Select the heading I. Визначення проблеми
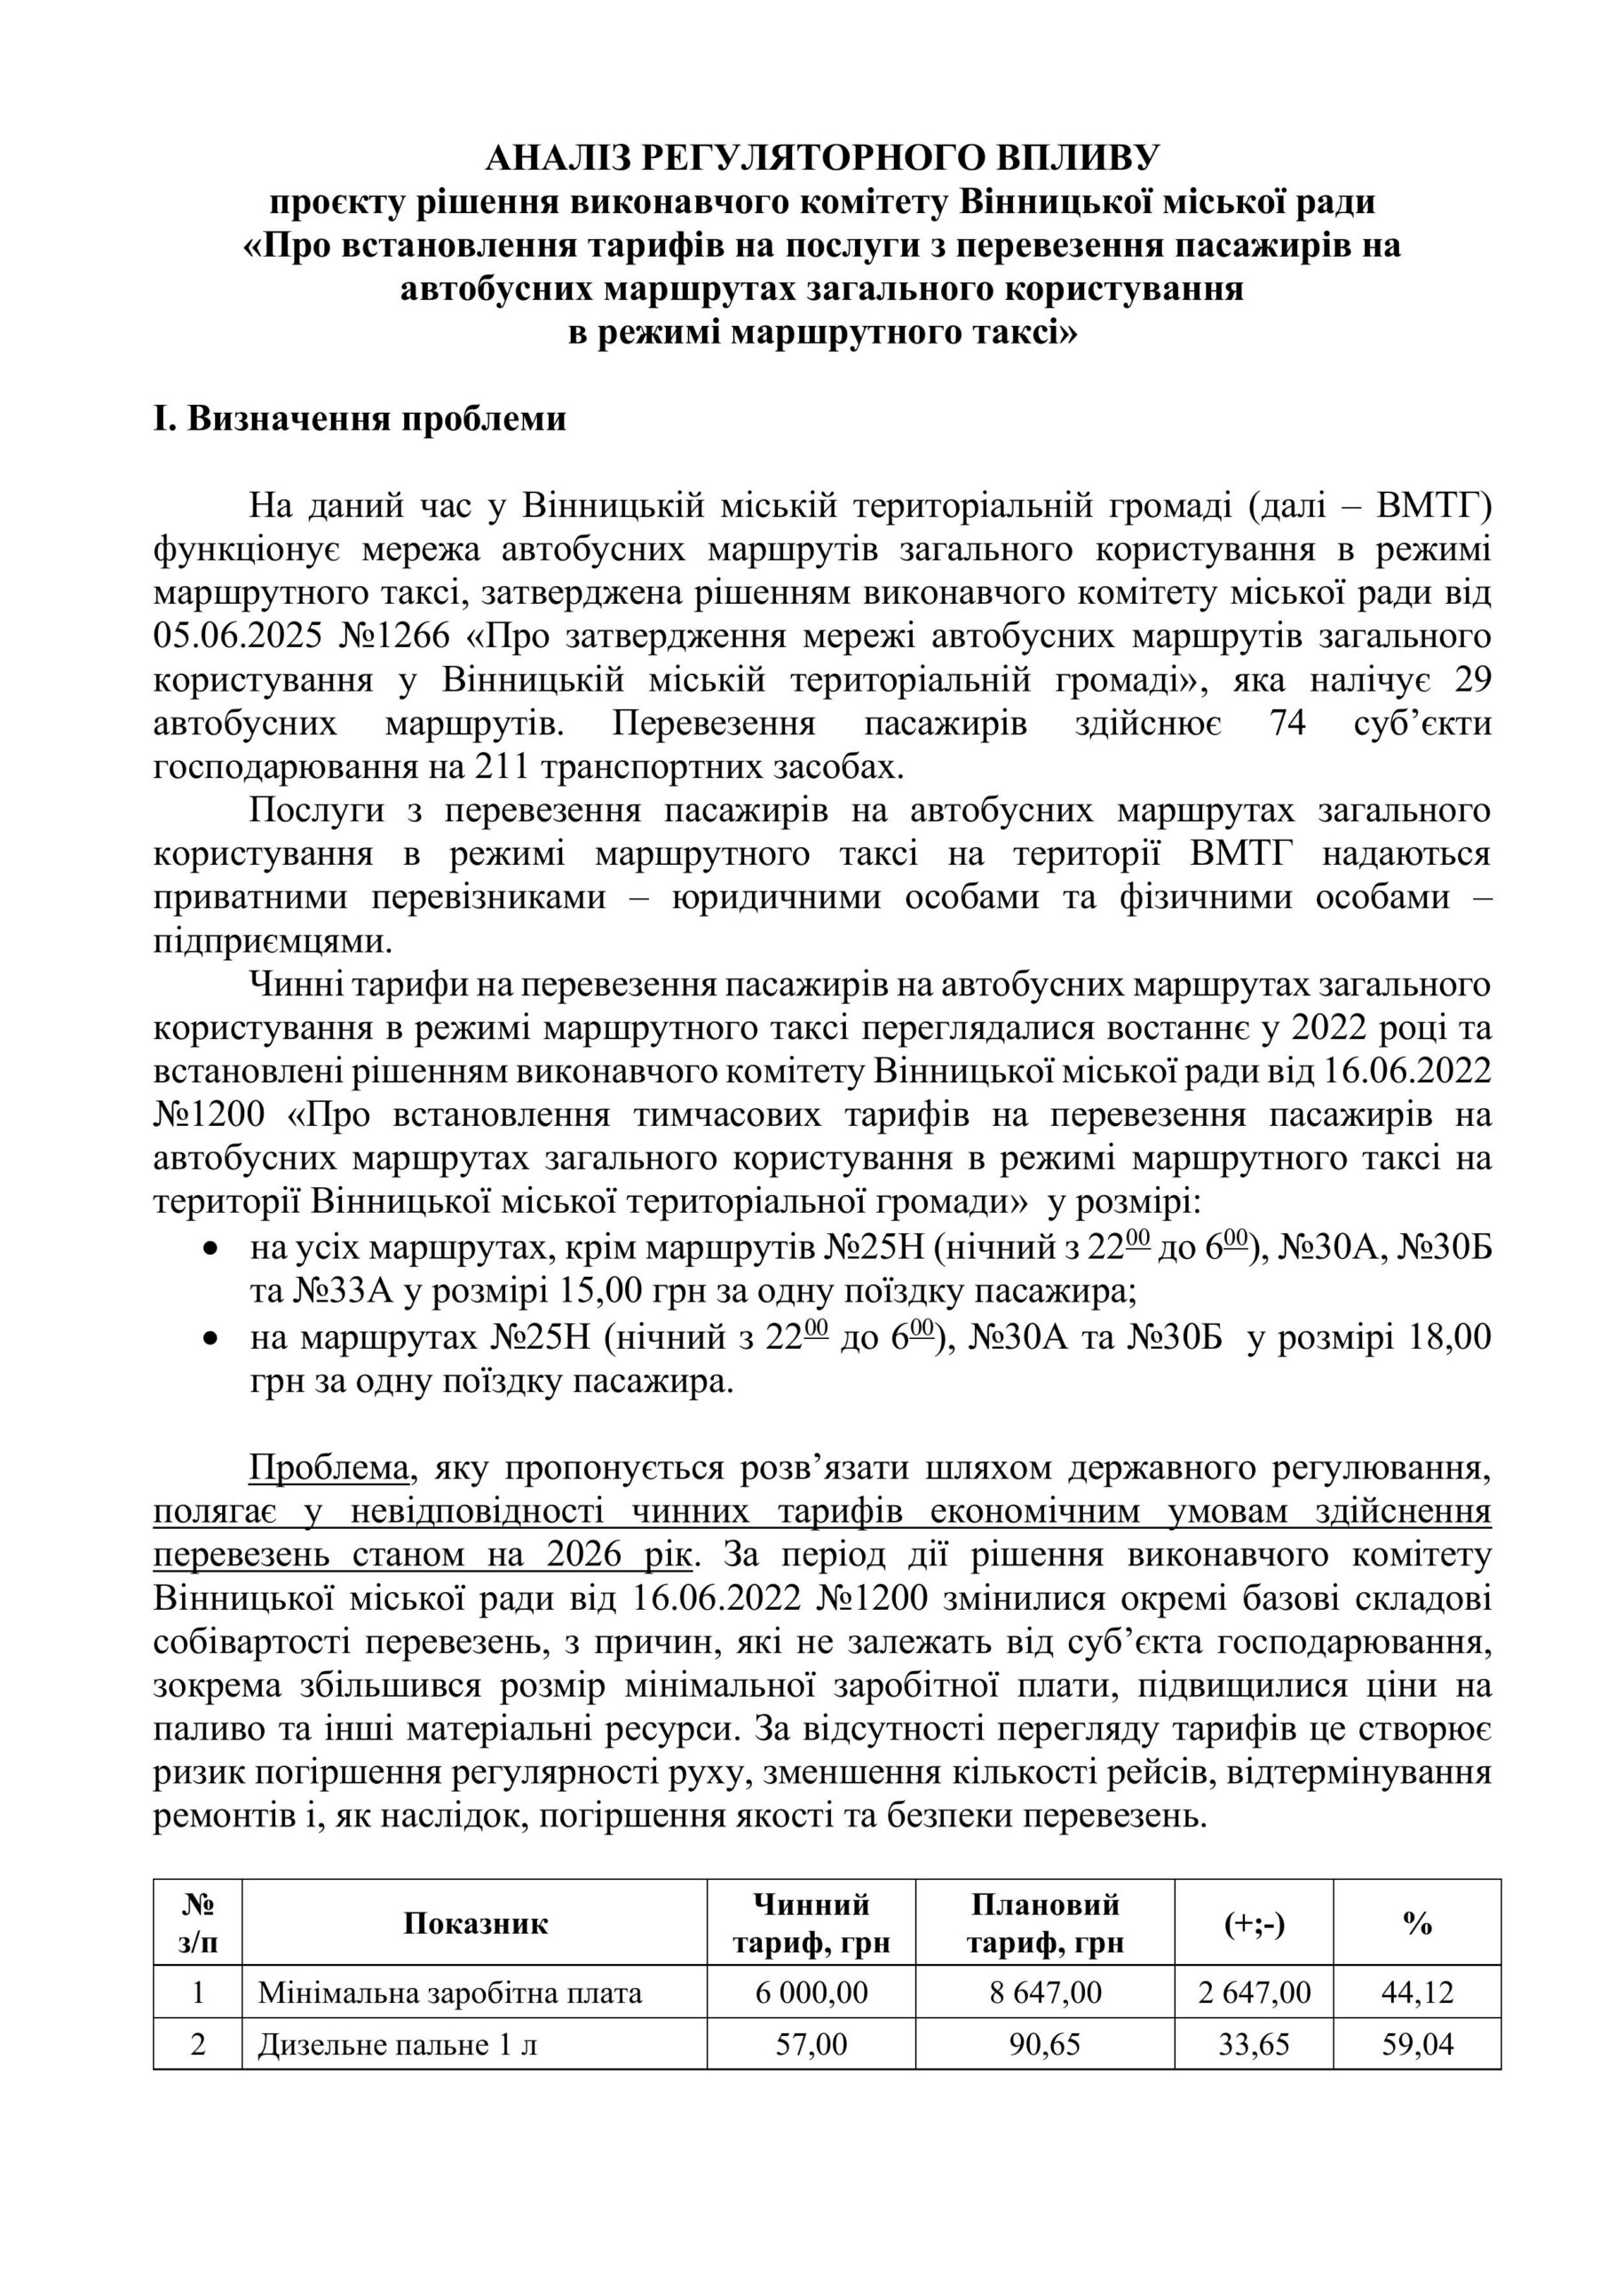coord(360,419)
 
